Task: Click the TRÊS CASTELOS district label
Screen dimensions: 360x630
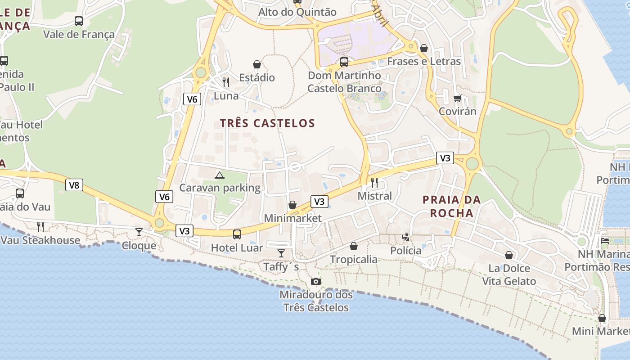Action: (267, 123)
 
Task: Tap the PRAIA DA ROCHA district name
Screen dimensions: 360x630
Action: (452, 207)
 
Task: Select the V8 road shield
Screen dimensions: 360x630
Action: (74, 185)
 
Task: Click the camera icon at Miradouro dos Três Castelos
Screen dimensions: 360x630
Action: (316, 282)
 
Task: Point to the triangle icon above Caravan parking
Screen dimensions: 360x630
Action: (219, 175)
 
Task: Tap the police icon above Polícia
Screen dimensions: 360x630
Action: (406, 237)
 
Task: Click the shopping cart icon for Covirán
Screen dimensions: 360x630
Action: (457, 98)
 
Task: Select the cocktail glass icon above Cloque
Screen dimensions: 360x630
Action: (139, 232)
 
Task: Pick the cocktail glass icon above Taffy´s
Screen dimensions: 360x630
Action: (281, 253)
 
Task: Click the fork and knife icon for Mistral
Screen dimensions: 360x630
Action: (374, 182)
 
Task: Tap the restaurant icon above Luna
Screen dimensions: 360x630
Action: (226, 82)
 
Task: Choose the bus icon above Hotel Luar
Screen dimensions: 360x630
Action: (237, 234)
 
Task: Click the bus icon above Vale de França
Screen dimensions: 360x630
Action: (79, 21)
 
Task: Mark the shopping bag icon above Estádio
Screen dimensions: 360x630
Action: (257, 65)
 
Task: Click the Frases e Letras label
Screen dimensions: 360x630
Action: (424, 61)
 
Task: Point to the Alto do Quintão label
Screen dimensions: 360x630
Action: (297, 12)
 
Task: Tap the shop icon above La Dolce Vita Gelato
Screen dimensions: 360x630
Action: (509, 255)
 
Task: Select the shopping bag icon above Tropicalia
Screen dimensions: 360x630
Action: (354, 246)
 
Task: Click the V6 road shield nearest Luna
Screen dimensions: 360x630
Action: (192, 99)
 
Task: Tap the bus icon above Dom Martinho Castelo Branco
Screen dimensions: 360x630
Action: (344, 62)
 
